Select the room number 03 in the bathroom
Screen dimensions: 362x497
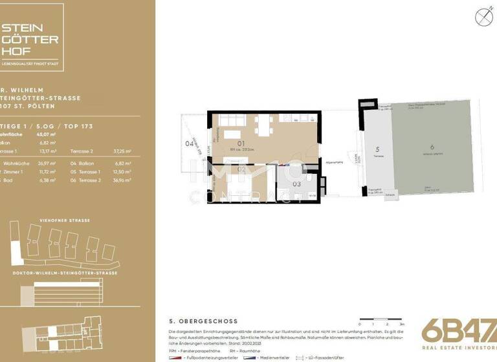pos(296,184)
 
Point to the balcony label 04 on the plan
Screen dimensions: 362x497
pos(189,144)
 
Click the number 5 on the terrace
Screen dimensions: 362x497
pos(376,152)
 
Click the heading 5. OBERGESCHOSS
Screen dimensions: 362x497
pos(203,321)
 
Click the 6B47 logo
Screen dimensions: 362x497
pos(458,330)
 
